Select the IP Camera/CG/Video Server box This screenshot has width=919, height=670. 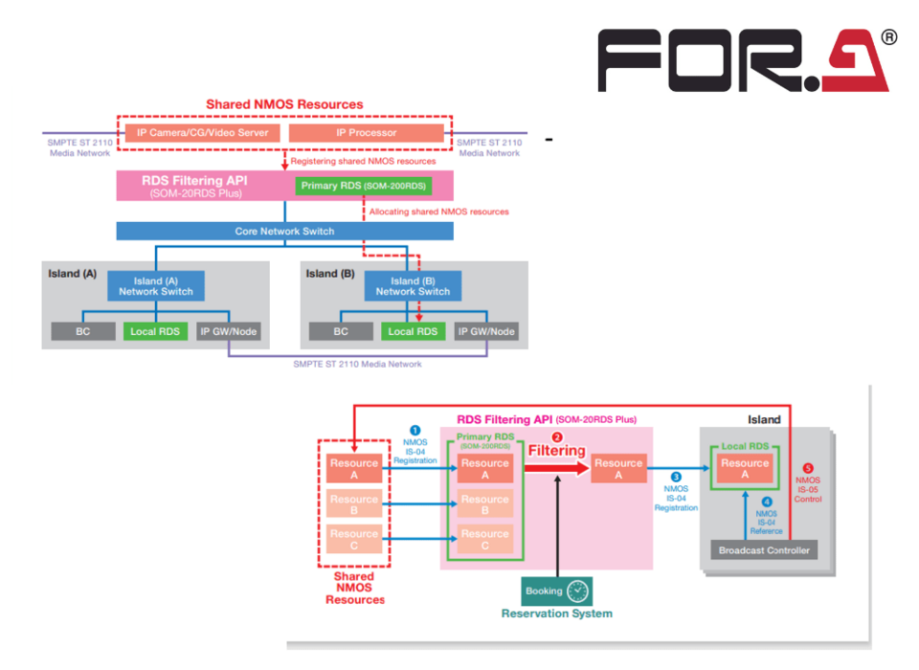pyautogui.click(x=200, y=133)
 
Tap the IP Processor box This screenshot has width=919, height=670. pyautogui.click(x=366, y=133)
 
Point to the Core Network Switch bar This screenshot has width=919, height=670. pyautogui.click(x=283, y=231)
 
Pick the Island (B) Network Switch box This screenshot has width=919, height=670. pyautogui.click(x=413, y=286)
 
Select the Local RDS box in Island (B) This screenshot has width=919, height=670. pyautogui.click(x=413, y=332)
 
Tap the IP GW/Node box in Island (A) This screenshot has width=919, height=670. pyautogui.click(x=228, y=332)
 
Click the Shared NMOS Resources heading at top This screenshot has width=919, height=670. pyautogui.click(x=284, y=104)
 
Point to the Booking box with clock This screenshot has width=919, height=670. pyautogui.click(x=556, y=591)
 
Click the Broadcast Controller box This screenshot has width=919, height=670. pyautogui.click(x=763, y=550)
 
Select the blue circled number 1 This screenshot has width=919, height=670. pyautogui.click(x=415, y=432)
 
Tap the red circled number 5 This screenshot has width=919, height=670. pyautogui.click(x=808, y=468)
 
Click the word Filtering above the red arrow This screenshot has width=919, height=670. pyautogui.click(x=556, y=450)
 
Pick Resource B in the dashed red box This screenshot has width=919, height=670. pyautogui.click(x=354, y=504)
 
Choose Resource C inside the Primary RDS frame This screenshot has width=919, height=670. pyautogui.click(x=484, y=539)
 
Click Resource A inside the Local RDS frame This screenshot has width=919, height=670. pyautogui.click(x=745, y=468)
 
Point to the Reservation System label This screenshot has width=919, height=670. pyautogui.click(x=556, y=614)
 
